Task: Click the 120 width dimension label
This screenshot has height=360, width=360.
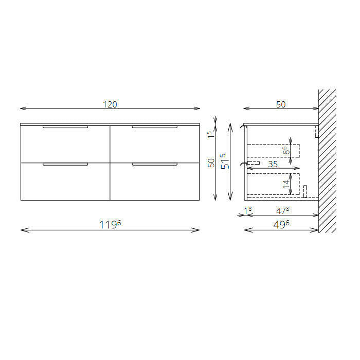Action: pos(110,104)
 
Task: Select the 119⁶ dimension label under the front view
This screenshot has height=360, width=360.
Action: pos(110,224)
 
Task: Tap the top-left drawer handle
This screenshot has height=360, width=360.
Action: pos(65,127)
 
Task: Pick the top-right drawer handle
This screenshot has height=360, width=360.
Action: pos(155,127)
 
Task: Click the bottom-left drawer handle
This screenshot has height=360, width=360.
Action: pos(65,164)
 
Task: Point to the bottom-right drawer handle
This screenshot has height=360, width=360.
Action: pos(155,164)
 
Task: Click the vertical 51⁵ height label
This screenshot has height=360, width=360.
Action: pos(225,161)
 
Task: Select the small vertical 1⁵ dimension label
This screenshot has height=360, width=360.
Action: pos(210,135)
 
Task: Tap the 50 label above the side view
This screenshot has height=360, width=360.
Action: pos(281,104)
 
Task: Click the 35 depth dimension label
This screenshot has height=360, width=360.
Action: pos(273,164)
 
